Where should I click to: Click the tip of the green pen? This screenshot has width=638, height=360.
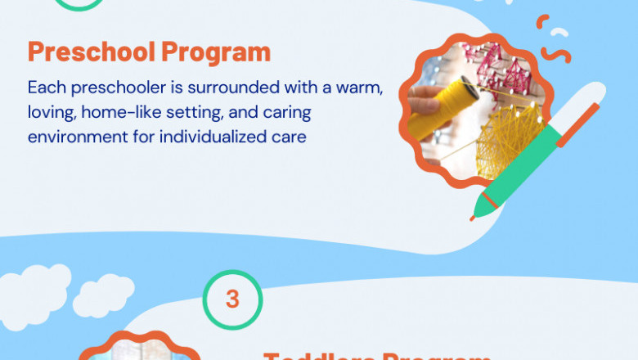click(x=474, y=216)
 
